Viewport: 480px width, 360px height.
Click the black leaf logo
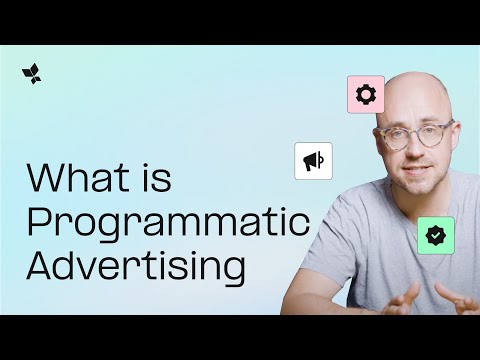(x=31, y=74)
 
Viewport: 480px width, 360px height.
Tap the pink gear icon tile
(x=366, y=94)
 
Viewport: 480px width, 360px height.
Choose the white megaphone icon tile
(x=313, y=160)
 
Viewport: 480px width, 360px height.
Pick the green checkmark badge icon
(x=436, y=235)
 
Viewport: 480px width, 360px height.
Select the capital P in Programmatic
(x=39, y=222)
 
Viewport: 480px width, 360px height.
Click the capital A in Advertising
(x=41, y=267)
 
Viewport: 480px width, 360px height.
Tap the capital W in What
(x=45, y=179)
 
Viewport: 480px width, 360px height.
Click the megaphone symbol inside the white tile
(x=313, y=160)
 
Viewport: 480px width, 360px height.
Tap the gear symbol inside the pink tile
(x=366, y=94)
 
